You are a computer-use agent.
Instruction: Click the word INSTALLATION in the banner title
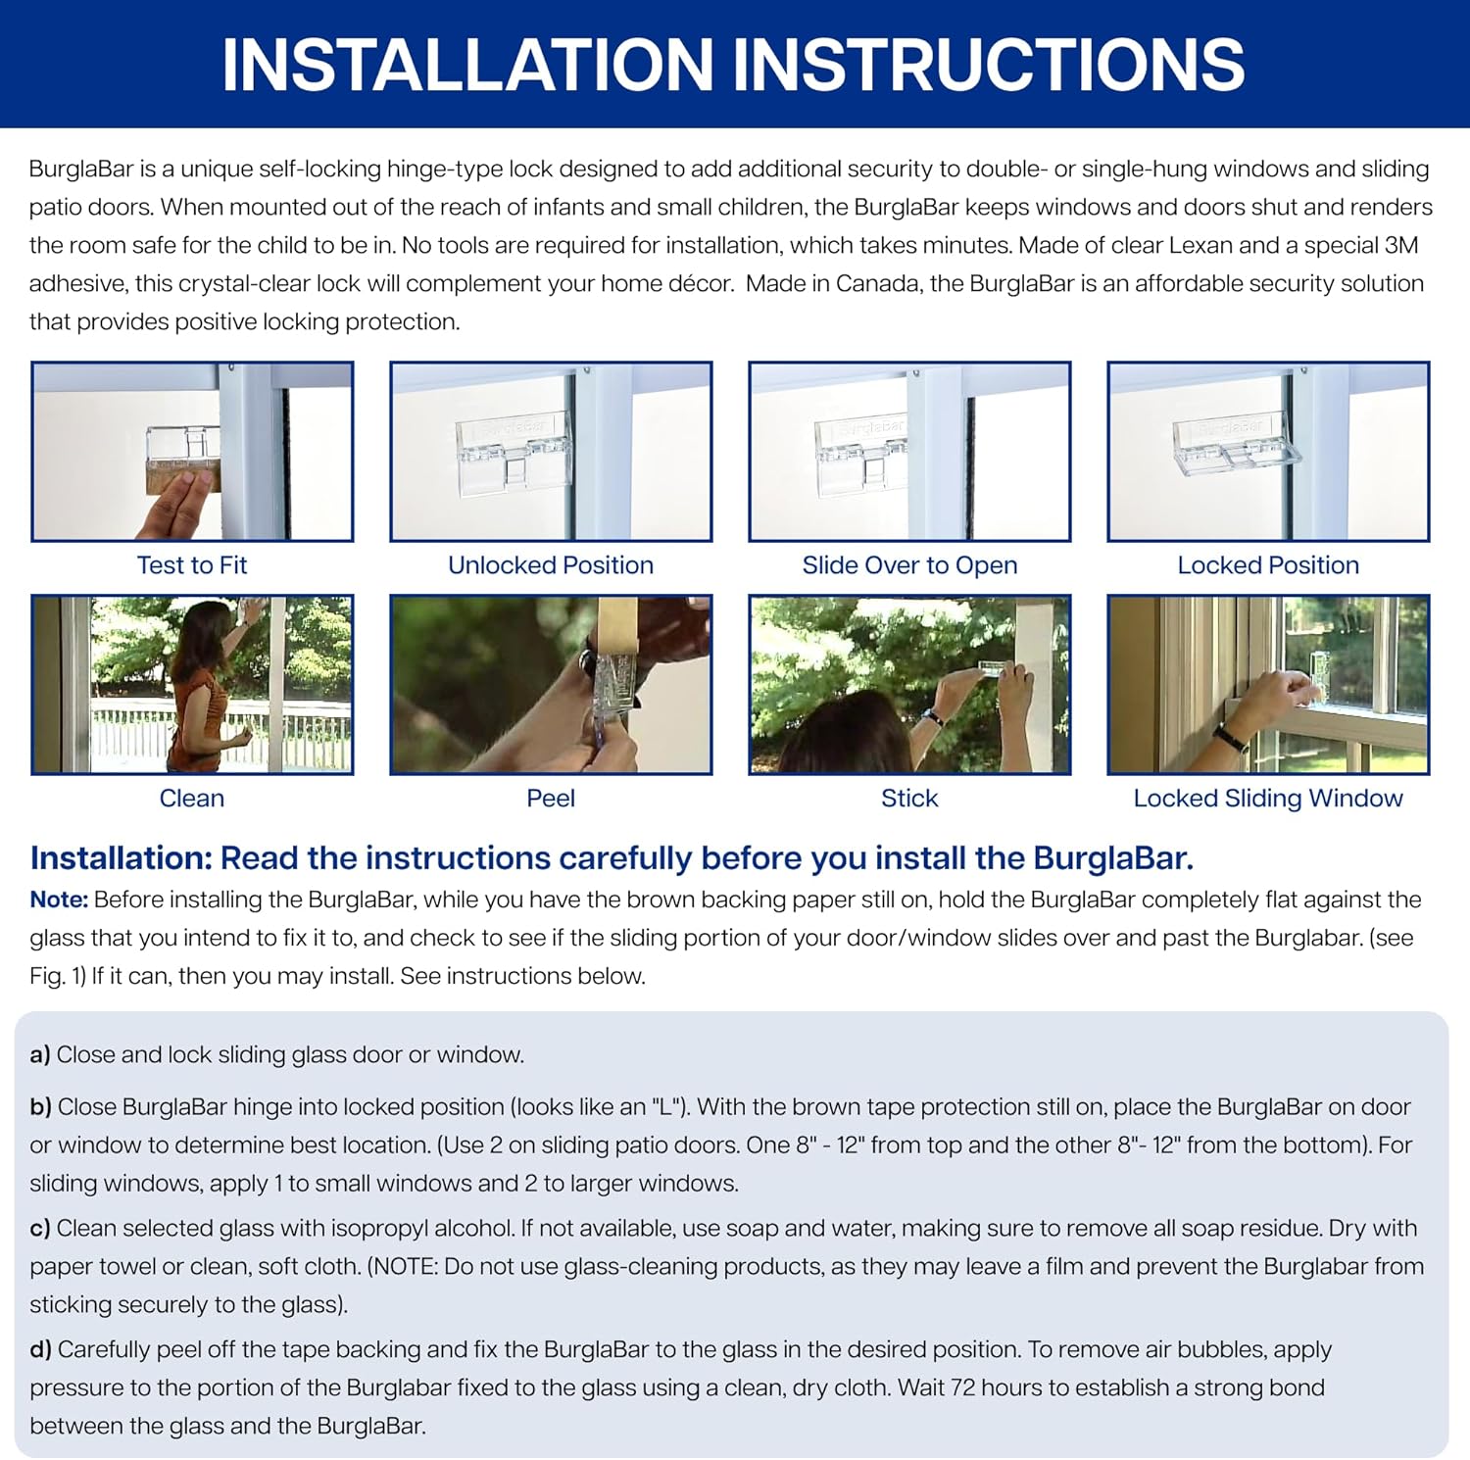coord(468,65)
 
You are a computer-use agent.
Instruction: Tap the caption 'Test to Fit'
coord(192,565)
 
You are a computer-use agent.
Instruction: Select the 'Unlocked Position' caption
coord(551,565)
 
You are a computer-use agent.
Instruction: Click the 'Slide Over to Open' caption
coord(909,565)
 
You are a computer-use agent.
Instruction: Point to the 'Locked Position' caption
coord(1268,565)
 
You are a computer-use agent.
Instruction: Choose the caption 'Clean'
coord(192,799)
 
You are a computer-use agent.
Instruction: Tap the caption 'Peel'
coord(551,799)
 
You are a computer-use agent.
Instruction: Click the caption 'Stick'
coord(909,799)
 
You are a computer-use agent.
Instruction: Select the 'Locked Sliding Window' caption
coord(1268,799)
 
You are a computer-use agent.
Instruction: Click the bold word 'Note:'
coord(59,900)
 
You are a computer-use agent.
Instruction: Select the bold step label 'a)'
coord(40,1055)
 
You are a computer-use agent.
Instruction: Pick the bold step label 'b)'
coord(40,1107)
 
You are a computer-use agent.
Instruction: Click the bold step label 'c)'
coord(40,1229)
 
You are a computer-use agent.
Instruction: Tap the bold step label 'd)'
coord(40,1350)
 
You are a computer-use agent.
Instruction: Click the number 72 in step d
coord(962,1388)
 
